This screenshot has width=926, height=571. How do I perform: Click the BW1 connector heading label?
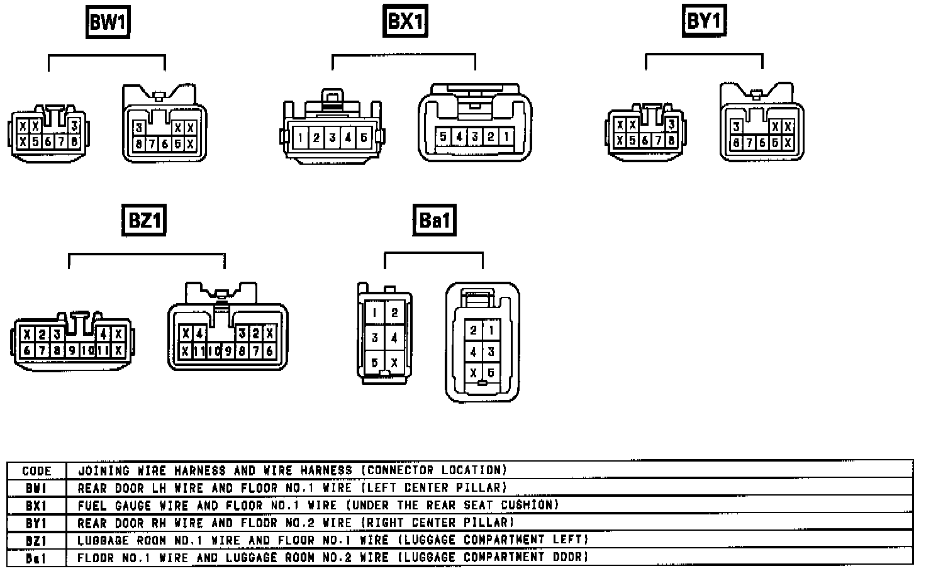tap(108, 23)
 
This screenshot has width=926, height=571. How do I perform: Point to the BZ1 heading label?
tap(144, 221)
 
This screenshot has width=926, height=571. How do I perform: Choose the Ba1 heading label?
tap(434, 221)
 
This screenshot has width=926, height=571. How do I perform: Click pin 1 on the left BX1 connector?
tap(301, 138)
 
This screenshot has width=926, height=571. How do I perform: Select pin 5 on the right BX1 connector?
tap(443, 136)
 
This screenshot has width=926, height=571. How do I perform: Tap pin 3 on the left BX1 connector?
tap(332, 138)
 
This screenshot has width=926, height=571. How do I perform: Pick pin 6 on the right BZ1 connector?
tap(270, 351)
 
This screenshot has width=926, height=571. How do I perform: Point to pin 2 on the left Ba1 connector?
tap(394, 313)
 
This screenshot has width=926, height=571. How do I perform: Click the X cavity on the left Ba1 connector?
tap(394, 363)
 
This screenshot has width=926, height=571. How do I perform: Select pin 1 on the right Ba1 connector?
tap(491, 330)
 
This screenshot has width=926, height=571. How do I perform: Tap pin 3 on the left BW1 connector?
tap(74, 125)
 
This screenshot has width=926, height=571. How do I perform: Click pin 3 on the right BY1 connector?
tap(735, 127)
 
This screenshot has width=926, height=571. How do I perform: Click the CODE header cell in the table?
tap(36, 470)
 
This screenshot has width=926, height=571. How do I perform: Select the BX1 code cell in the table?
tap(36, 505)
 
